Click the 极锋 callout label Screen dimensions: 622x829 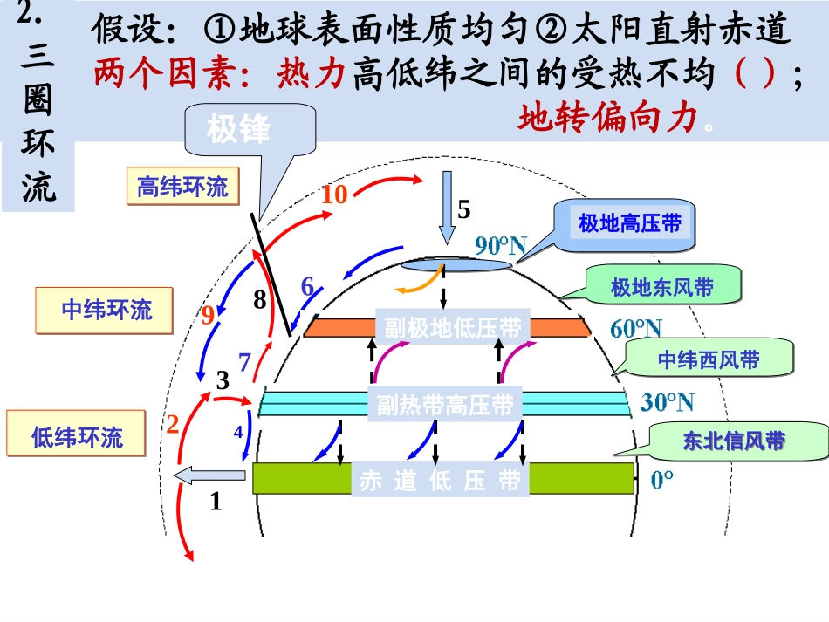click(x=238, y=129)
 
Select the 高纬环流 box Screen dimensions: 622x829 click(x=182, y=187)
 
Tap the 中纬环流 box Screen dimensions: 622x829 click(x=106, y=310)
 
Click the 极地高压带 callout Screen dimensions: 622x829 click(x=630, y=224)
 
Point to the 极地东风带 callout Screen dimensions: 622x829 click(x=662, y=287)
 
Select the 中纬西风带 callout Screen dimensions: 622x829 click(x=708, y=359)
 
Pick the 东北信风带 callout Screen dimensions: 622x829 click(x=733, y=441)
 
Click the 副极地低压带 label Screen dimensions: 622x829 click(x=452, y=328)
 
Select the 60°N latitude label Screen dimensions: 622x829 click(x=635, y=329)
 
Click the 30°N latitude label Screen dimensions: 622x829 click(x=668, y=402)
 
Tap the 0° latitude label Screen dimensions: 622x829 click(x=662, y=480)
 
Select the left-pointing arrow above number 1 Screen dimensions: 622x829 click(x=209, y=475)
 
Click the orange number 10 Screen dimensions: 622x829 click(x=333, y=195)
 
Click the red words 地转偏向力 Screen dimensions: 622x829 click(x=609, y=118)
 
